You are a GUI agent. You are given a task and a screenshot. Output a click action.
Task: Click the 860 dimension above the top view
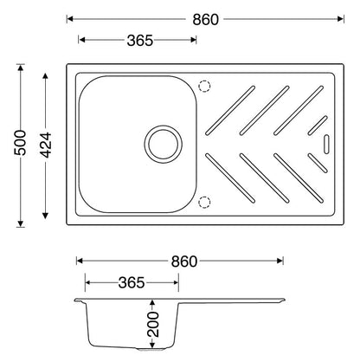tap(206, 20)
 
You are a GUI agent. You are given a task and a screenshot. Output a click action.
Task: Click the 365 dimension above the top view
tap(140, 40)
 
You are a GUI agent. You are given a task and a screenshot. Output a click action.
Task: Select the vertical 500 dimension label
tap(20, 143)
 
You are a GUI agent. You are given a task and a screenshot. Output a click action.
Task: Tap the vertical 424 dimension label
tap(45, 145)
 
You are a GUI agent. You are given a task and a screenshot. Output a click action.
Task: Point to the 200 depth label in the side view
tap(153, 324)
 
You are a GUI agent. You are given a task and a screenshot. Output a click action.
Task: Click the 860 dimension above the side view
tap(184, 262)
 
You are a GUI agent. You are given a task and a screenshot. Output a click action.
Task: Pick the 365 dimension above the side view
tap(132, 282)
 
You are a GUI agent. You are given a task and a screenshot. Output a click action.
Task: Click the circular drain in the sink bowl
tap(164, 144)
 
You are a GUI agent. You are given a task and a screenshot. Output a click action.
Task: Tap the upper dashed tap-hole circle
tap(204, 87)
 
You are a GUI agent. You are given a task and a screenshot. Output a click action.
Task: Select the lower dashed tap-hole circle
tap(204, 202)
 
